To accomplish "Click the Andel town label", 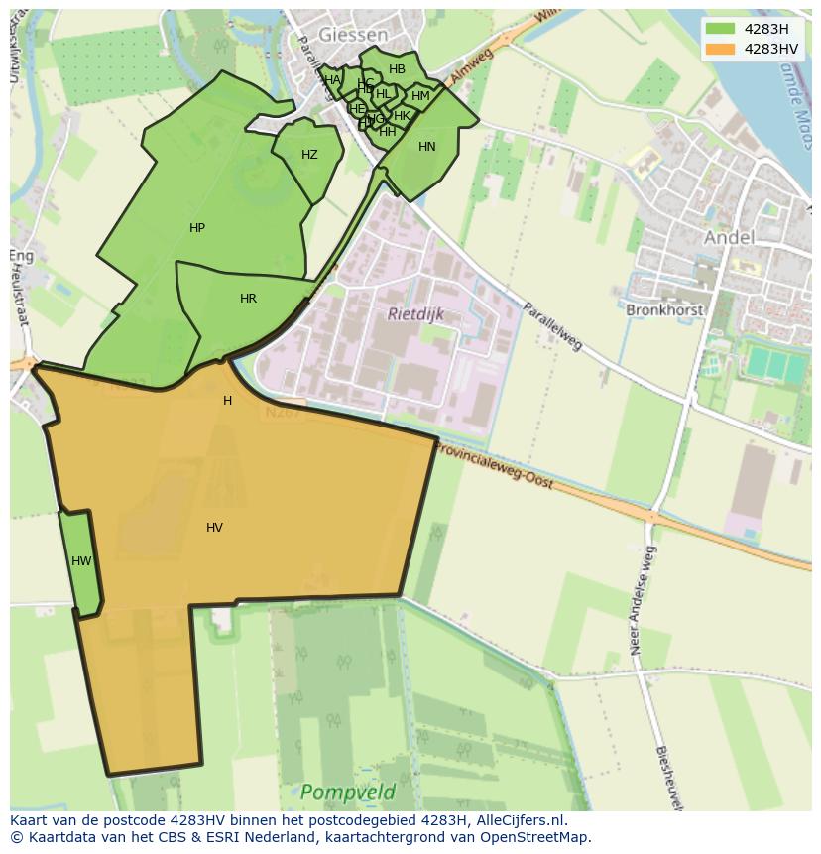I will pyautogui.click(x=729, y=237).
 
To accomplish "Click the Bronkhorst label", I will pyautogui.click(x=664, y=309).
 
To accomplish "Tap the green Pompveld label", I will pyautogui.click(x=347, y=792).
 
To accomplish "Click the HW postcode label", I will pyautogui.click(x=81, y=561).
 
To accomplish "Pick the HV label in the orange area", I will pyautogui.click(x=214, y=528).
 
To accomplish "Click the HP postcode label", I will pyautogui.click(x=197, y=228).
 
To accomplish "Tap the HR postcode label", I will pyautogui.click(x=248, y=299).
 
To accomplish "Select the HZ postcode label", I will pyautogui.click(x=309, y=155).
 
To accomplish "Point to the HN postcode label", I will pyautogui.click(x=426, y=147).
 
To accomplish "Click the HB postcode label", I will pyautogui.click(x=397, y=69).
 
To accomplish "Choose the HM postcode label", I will pyautogui.click(x=420, y=96).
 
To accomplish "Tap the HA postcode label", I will pyautogui.click(x=332, y=80).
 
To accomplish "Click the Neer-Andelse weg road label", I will pyautogui.click(x=642, y=600).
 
